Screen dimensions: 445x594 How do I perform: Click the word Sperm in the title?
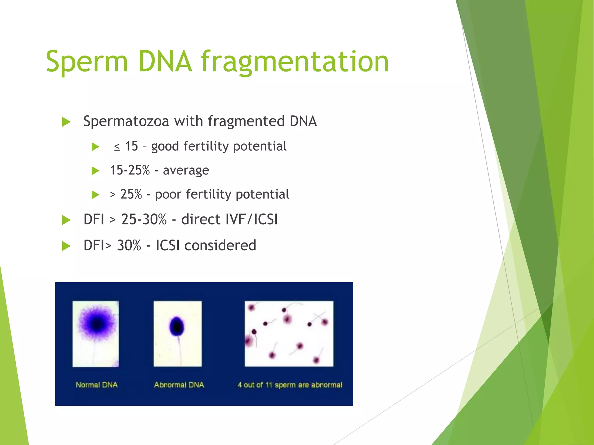(86, 61)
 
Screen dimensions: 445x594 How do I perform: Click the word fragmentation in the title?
(294, 61)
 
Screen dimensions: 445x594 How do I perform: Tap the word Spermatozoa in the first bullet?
(126, 121)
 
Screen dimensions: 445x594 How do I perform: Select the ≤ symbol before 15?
(117, 147)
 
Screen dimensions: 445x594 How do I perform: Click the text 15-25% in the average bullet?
(130, 170)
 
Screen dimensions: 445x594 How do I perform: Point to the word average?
(186, 171)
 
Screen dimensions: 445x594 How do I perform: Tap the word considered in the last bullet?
(220, 245)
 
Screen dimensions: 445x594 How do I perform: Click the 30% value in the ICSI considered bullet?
(129, 245)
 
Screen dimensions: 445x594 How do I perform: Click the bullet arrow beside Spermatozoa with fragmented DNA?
(66, 122)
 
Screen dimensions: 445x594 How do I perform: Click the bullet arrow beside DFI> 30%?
(66, 246)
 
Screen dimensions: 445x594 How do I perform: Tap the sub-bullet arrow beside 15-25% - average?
(95, 171)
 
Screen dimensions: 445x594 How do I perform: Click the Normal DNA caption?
(97, 385)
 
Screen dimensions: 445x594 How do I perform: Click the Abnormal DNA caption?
(179, 385)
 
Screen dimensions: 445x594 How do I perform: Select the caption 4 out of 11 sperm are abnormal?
(290, 385)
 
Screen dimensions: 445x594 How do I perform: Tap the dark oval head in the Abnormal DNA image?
(177, 326)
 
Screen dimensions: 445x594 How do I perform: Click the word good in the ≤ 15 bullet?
(164, 147)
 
